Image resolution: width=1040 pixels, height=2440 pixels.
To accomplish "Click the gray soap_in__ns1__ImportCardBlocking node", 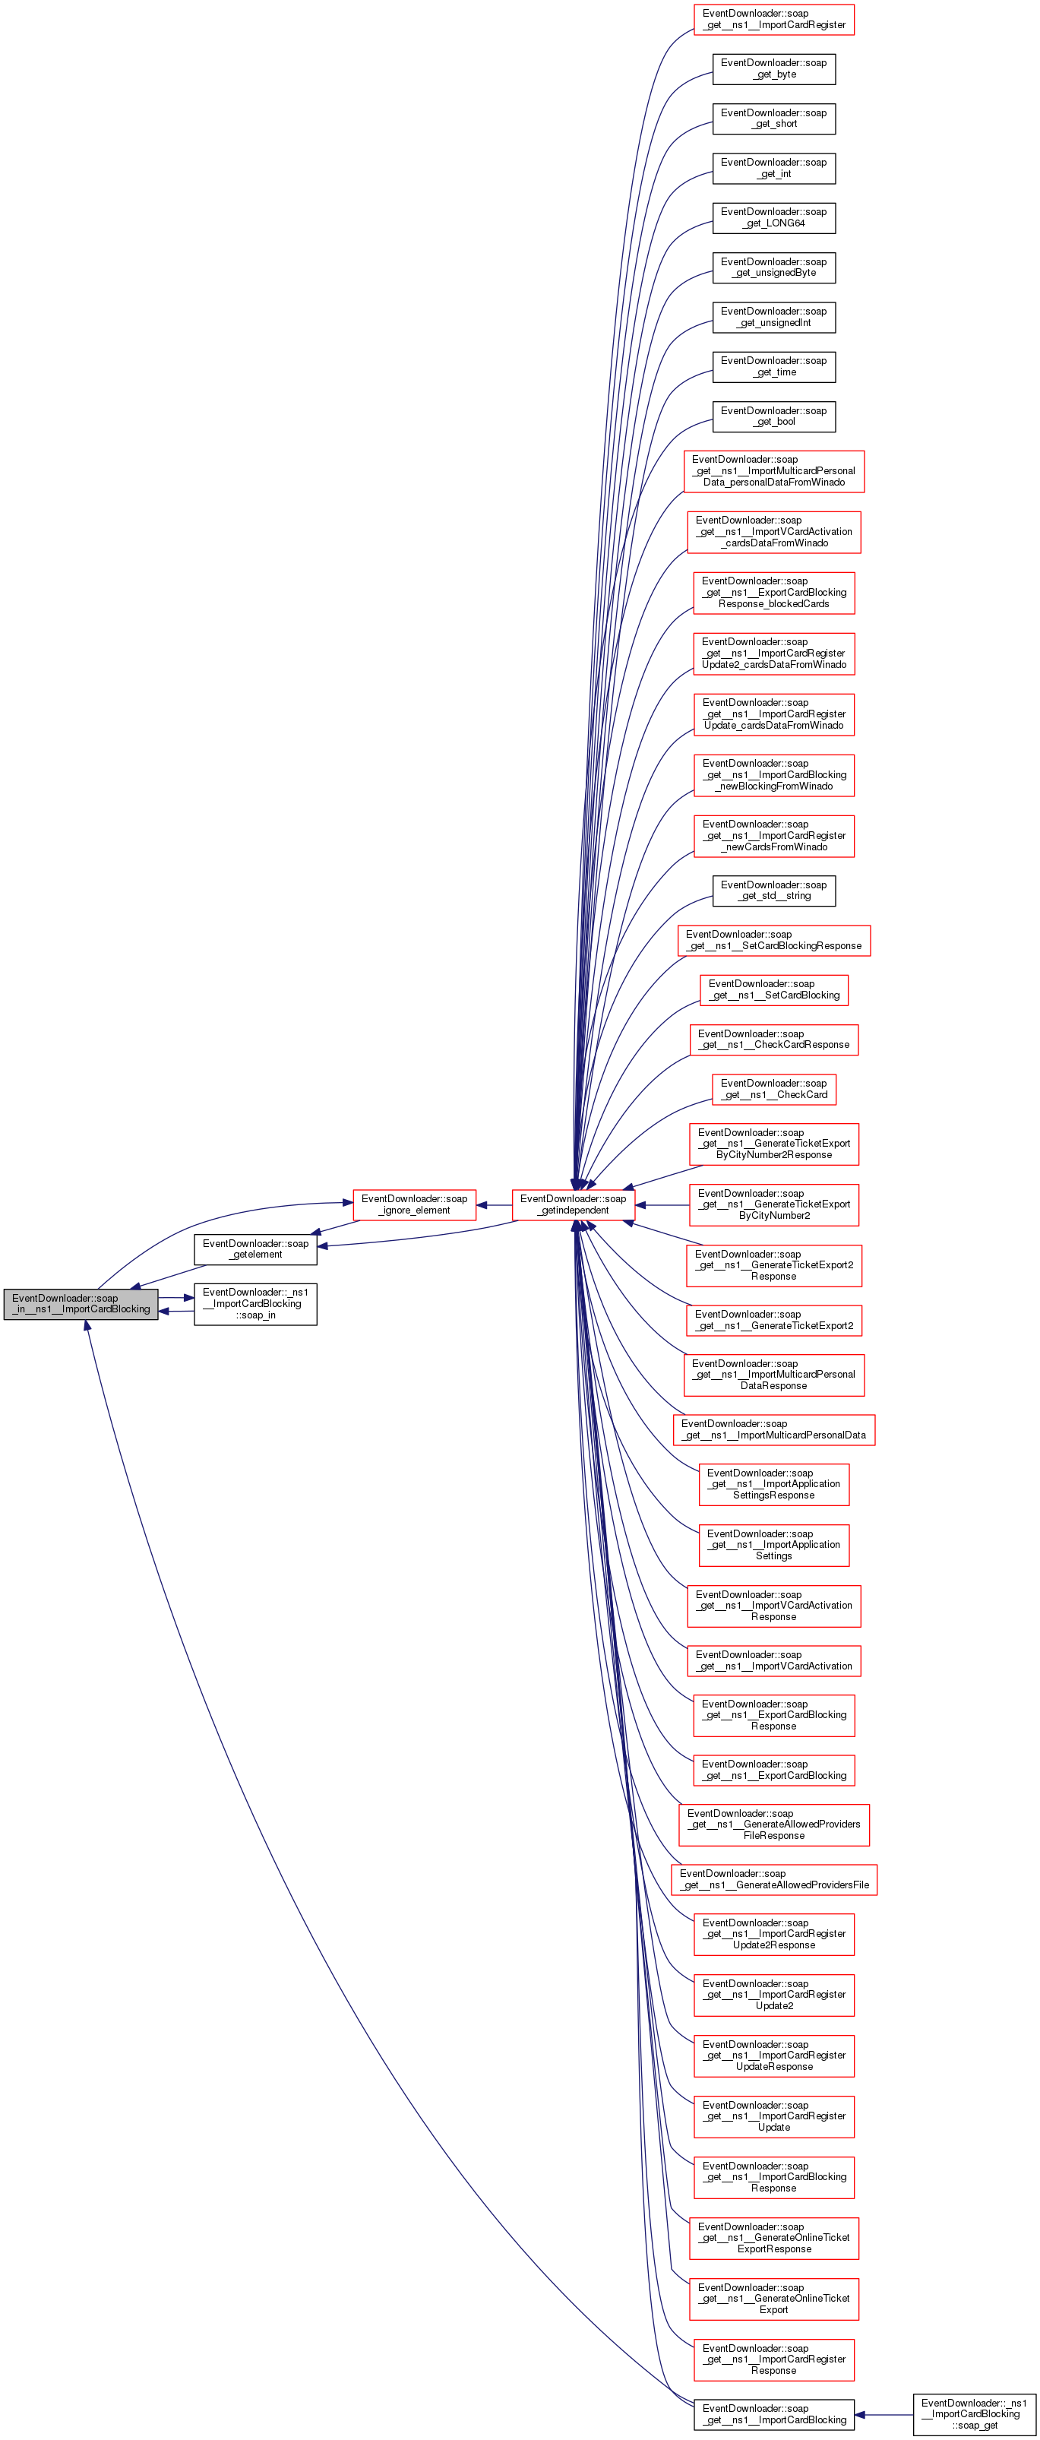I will tap(81, 1303).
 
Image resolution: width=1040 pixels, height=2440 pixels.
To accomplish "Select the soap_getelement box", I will tap(254, 1248).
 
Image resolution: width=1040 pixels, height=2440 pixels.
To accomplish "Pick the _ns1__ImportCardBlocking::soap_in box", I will tap(254, 1303).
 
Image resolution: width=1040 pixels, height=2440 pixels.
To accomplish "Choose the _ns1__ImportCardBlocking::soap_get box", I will tap(974, 2413).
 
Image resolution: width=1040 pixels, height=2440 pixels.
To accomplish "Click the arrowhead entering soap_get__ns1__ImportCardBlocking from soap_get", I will tap(861, 2414).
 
